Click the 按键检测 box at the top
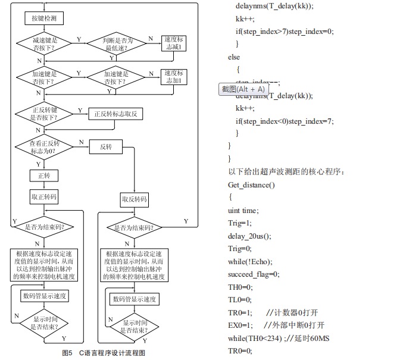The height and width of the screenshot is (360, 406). (44, 18)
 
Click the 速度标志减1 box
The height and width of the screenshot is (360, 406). (175, 43)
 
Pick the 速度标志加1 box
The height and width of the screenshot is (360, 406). (175, 77)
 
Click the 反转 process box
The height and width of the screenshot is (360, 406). (105, 147)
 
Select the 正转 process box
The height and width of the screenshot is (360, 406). (43, 176)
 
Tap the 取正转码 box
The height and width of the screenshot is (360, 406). (44, 196)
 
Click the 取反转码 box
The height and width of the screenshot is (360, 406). (134, 199)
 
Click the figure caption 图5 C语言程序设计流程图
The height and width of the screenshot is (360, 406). (104, 352)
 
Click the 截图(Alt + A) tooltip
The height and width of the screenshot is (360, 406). (243, 89)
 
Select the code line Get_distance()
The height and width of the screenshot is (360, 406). (252, 184)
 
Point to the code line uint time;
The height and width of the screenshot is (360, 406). (243, 210)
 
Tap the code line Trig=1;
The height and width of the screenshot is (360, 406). (240, 223)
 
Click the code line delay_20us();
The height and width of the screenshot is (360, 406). (249, 236)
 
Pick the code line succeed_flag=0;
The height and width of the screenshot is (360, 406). (254, 274)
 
